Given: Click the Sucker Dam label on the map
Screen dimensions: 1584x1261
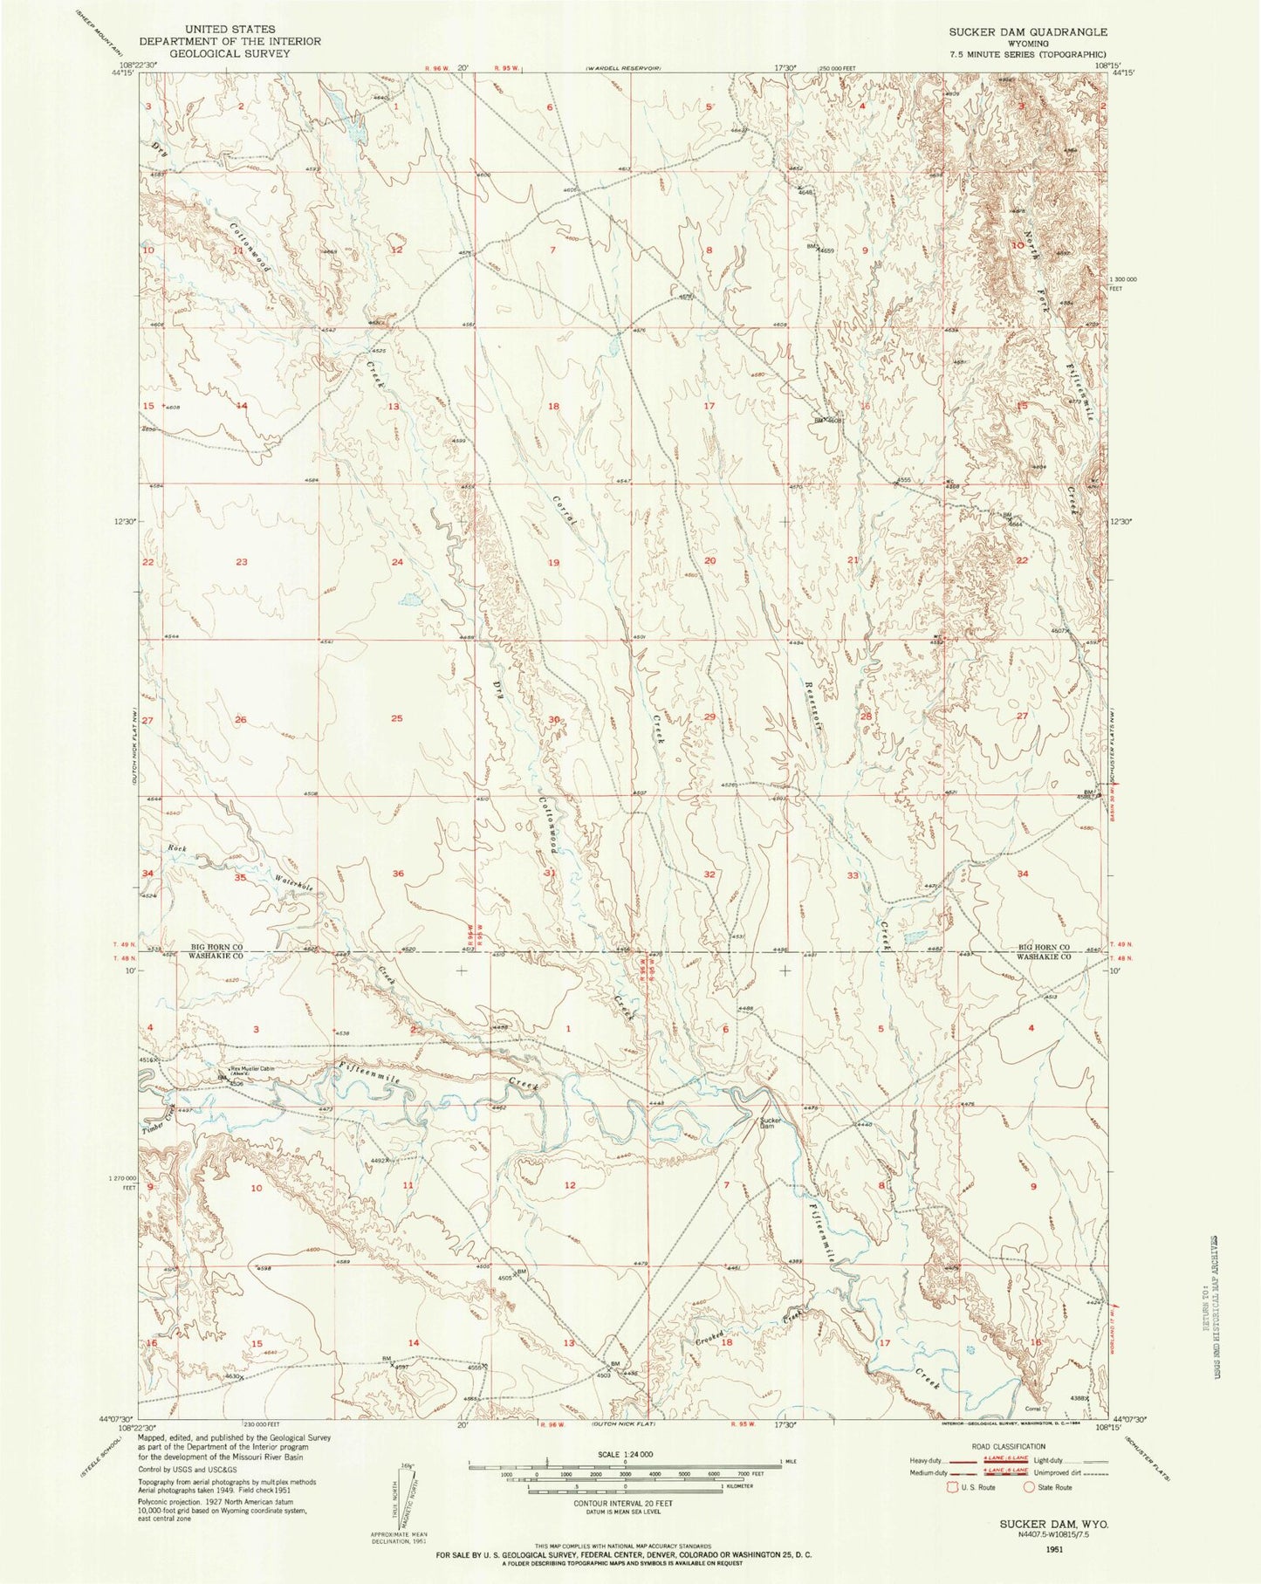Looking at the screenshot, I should click(x=769, y=1123).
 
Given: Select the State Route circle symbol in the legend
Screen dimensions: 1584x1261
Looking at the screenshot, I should click(x=1030, y=1487).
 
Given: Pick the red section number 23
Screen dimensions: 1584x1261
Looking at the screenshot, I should click(x=242, y=562).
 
